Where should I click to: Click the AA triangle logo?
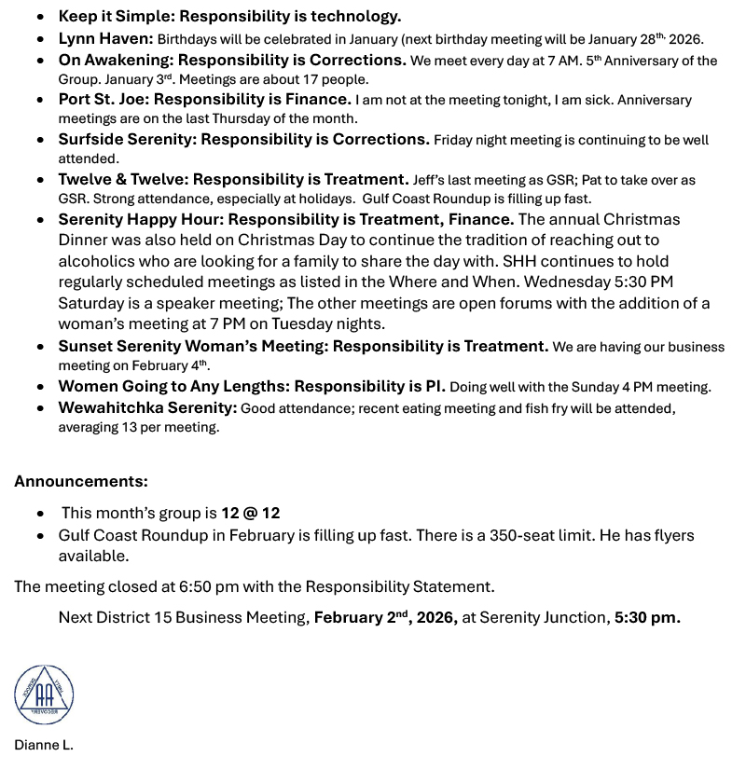[44, 695]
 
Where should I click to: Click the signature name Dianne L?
[43, 745]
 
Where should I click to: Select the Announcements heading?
[81, 481]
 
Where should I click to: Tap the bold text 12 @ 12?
[250, 513]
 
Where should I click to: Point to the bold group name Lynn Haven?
[105, 38]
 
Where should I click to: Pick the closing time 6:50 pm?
[209, 586]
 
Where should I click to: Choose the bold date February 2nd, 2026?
[385, 617]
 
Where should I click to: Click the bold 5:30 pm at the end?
[646, 617]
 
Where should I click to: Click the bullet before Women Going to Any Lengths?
[41, 387]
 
